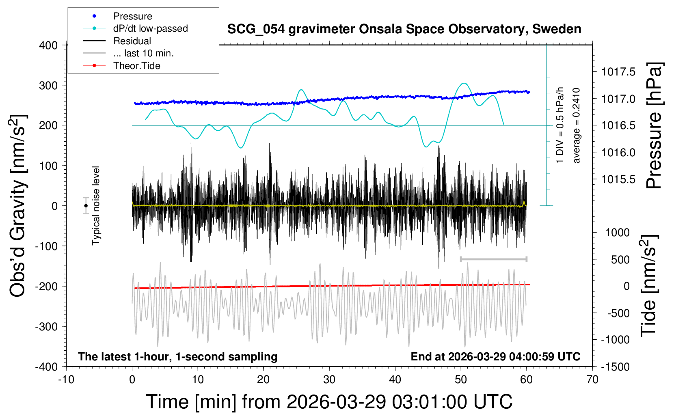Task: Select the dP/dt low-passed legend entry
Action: point(150,28)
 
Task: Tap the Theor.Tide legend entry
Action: point(136,66)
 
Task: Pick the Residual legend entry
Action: point(132,41)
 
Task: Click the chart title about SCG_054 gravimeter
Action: point(404,29)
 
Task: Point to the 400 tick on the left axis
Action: point(48,45)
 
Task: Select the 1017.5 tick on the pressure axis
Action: point(618,72)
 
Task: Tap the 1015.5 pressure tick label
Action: point(618,179)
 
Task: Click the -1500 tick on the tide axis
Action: point(615,367)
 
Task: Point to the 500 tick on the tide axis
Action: point(620,260)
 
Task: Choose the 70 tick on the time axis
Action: point(592,380)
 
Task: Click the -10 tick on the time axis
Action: point(66,380)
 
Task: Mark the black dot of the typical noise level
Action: point(86,206)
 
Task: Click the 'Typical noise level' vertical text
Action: point(96,206)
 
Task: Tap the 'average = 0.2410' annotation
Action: point(577,126)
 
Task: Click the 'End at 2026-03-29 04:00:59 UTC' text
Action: point(495,357)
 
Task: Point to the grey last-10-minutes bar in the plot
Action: point(493,259)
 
